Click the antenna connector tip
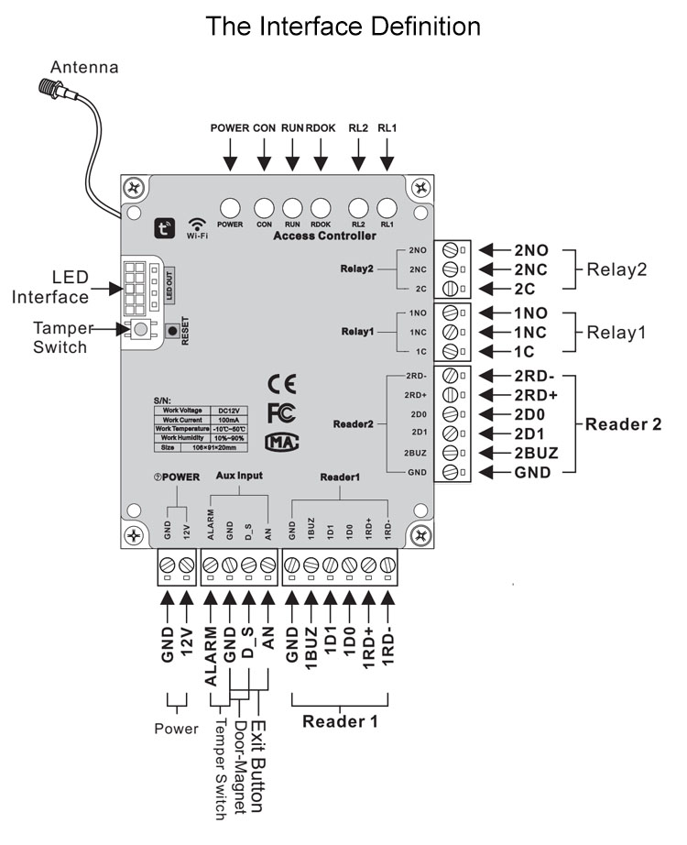point(45,89)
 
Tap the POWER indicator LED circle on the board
point(229,208)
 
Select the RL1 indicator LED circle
point(387,208)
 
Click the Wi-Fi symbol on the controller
point(197,225)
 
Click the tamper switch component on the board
point(141,329)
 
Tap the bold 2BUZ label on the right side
point(536,453)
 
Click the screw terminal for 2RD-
point(450,376)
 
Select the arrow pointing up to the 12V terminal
point(187,602)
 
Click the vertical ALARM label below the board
point(213,658)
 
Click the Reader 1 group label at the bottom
point(340,721)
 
